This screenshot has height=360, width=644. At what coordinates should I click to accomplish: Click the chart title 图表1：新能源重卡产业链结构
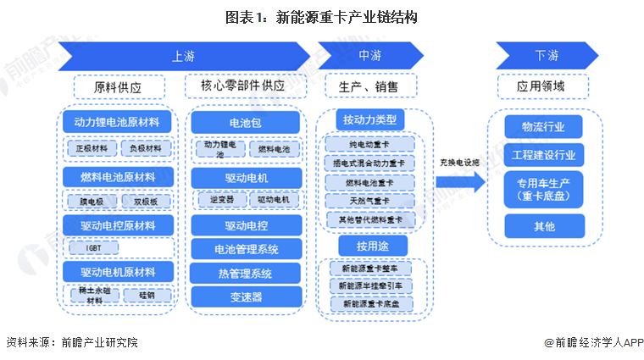coord(321,16)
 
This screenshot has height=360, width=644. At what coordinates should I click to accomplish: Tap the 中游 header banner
coord(369,56)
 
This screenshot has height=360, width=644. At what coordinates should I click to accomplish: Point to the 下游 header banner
coord(547,56)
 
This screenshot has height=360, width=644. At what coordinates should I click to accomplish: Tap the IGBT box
coord(93,248)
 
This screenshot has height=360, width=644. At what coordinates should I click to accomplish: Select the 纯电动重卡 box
coord(370,145)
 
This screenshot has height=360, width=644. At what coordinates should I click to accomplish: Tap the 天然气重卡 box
coord(370,201)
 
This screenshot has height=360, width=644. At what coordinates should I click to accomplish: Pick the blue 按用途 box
coord(370,246)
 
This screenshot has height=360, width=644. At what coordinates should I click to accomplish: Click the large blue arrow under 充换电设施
coord(460,181)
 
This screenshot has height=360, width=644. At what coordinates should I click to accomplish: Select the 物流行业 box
coord(546,127)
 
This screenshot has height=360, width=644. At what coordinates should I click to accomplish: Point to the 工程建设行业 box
coord(546,155)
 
